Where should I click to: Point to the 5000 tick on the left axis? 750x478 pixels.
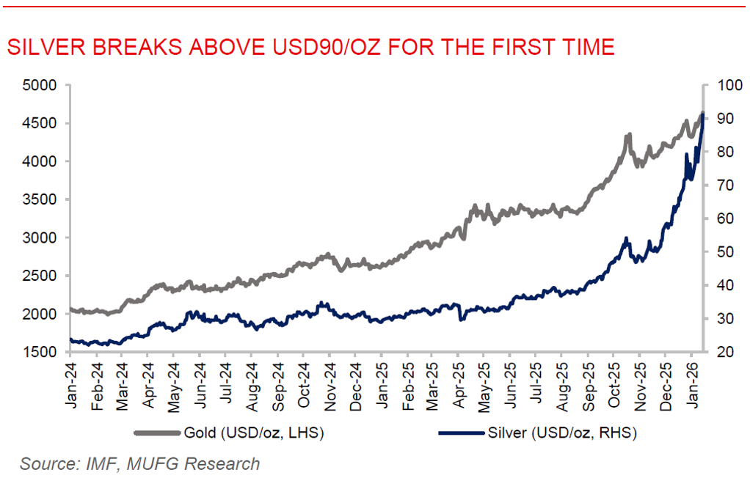point(41,85)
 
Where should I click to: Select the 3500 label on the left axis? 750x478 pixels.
point(41,199)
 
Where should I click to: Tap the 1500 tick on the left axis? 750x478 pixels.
point(41,352)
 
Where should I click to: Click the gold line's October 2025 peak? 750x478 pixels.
point(628,136)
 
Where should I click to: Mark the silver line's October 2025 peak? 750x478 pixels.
point(626,238)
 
